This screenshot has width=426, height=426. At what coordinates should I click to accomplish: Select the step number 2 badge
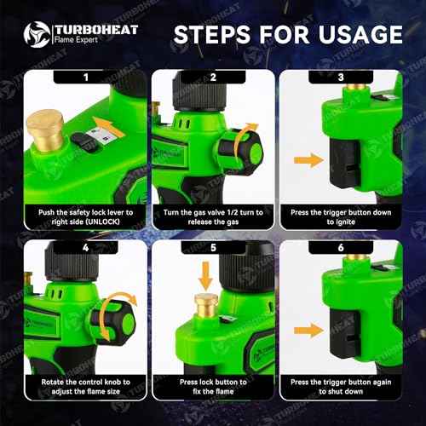(x=213, y=77)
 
